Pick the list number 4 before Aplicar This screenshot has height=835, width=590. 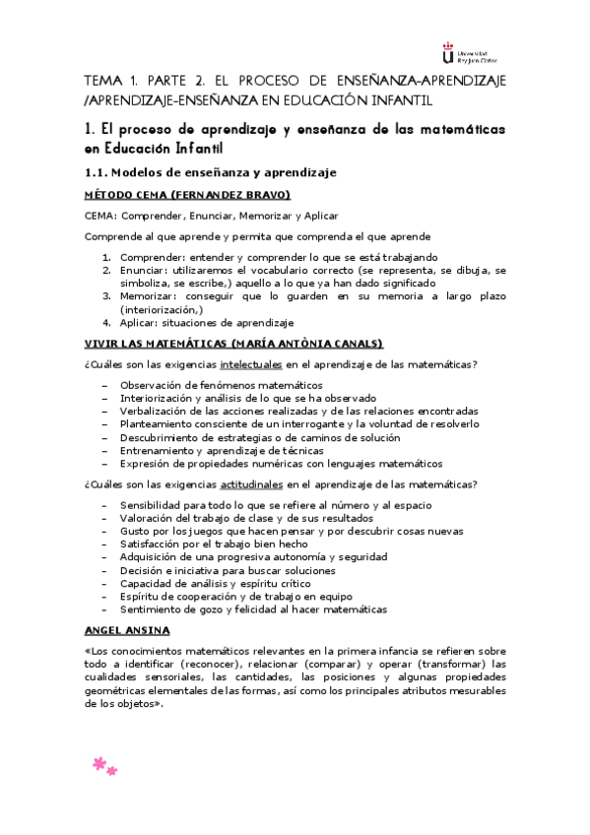click(x=106, y=322)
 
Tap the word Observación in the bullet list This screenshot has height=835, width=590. click(x=154, y=384)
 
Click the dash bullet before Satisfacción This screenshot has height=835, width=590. click(x=105, y=543)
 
